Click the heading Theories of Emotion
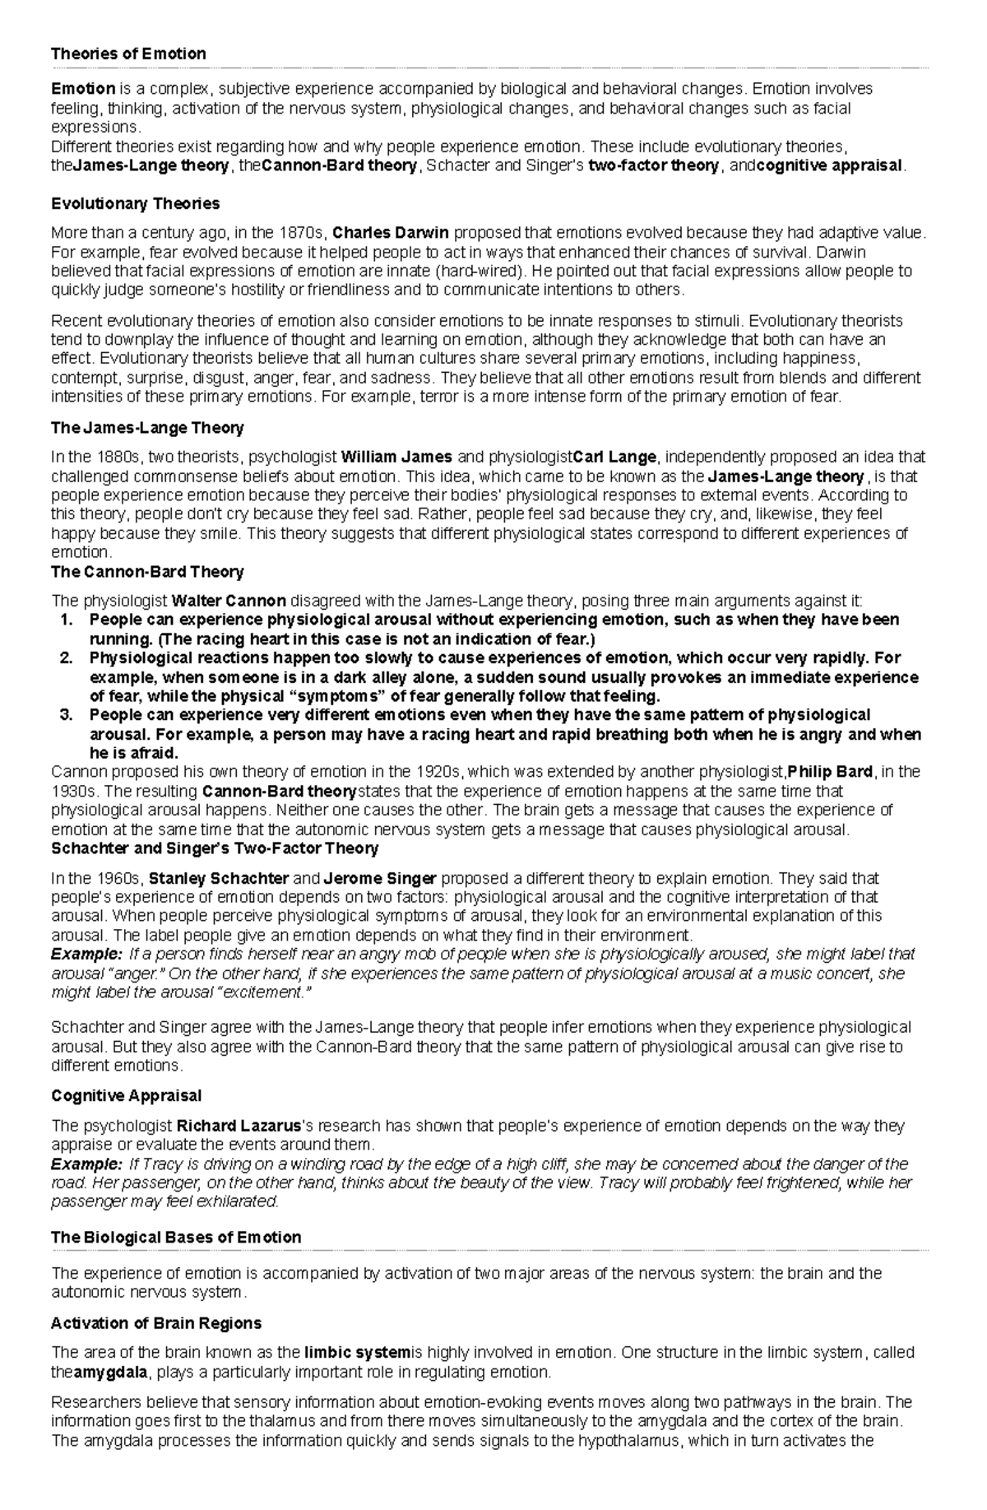coord(128,54)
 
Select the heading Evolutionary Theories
coord(135,203)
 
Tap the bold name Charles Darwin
coord(391,233)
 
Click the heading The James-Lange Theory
coord(147,428)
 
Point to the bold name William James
coord(396,457)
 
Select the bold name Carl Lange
coord(614,457)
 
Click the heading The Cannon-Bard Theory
coord(147,571)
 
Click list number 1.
coord(68,620)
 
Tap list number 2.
coord(68,658)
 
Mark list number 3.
coord(68,714)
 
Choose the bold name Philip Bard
coord(830,772)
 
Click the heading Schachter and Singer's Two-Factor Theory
coord(215,848)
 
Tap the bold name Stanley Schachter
coord(219,878)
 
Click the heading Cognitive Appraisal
coord(126,1096)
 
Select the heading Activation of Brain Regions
coord(155,1323)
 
